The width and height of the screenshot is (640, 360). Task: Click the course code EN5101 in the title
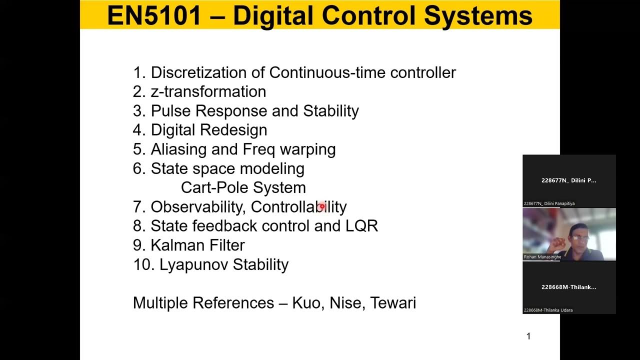coord(153,15)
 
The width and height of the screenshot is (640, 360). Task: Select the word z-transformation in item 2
coord(208,92)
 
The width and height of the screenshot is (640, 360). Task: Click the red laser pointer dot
coord(322,206)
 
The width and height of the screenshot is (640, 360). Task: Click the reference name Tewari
coord(393,303)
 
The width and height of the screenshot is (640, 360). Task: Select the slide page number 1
coord(528,336)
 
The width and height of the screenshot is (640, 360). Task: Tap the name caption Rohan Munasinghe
coord(542,257)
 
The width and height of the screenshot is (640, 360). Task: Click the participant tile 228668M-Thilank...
coord(569,287)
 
